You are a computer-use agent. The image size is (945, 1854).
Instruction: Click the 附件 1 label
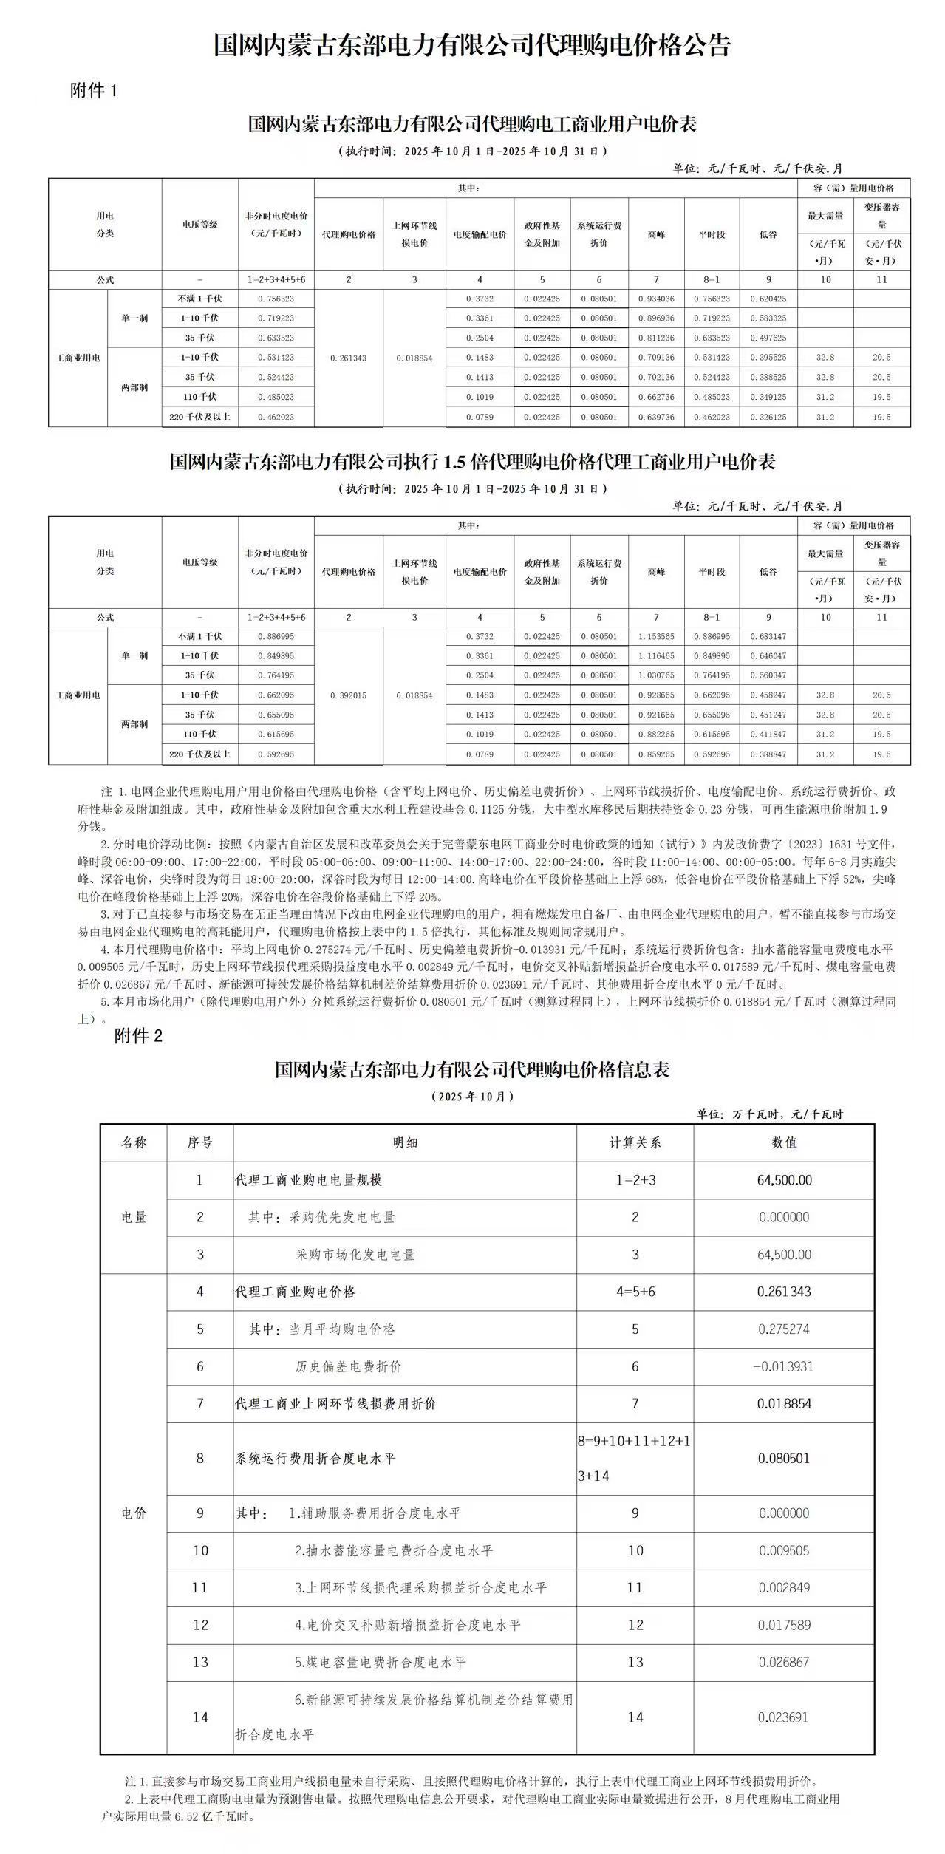(x=94, y=91)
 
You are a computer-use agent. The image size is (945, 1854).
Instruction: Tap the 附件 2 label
(x=138, y=1036)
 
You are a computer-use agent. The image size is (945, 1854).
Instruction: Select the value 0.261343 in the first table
(x=349, y=358)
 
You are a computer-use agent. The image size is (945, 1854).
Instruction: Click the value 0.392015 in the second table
(x=349, y=695)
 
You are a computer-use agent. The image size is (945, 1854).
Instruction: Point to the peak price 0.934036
(x=656, y=299)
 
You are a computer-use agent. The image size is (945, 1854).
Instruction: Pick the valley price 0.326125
(x=768, y=417)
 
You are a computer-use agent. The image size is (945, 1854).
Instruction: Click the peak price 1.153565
(x=656, y=636)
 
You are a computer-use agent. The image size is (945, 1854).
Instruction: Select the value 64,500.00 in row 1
(x=784, y=1180)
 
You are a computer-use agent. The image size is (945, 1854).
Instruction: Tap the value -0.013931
(x=783, y=1366)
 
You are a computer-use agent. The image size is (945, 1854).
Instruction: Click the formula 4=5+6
(x=635, y=1292)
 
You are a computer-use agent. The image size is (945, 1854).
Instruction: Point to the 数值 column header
(x=784, y=1142)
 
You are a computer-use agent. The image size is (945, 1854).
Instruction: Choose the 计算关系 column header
(x=635, y=1142)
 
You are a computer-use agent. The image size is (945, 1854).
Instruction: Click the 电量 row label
(x=134, y=1217)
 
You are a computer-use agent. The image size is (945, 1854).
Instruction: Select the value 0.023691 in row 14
(x=784, y=1717)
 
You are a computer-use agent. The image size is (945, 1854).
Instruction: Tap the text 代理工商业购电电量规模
(x=308, y=1180)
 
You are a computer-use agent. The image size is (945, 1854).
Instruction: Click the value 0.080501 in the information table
(x=783, y=1458)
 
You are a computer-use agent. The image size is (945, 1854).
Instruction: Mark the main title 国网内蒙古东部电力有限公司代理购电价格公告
(x=472, y=45)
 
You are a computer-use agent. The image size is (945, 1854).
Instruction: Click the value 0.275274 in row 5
(x=784, y=1329)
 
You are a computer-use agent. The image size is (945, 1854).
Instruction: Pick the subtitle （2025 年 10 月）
(x=472, y=1097)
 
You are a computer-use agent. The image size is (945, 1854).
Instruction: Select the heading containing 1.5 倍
(x=472, y=462)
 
